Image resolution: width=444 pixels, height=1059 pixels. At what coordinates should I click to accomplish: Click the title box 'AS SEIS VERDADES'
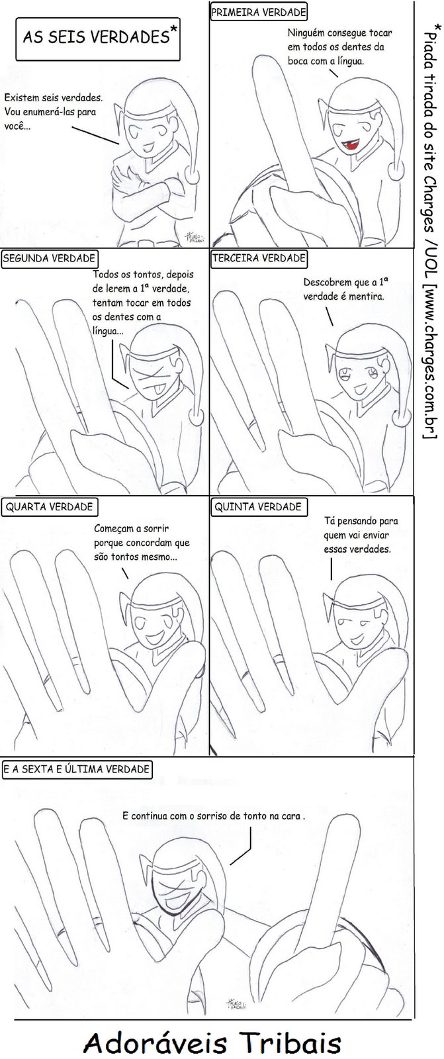point(98,39)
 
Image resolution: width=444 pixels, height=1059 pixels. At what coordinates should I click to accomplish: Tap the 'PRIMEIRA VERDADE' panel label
point(258,13)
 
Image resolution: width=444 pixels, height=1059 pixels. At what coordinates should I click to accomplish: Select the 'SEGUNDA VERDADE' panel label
point(49,259)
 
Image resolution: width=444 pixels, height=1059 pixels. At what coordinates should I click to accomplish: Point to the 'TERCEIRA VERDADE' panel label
point(259,258)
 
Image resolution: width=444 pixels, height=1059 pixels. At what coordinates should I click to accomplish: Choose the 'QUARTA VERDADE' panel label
point(49,507)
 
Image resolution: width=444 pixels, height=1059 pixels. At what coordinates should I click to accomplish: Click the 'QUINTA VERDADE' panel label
point(258,507)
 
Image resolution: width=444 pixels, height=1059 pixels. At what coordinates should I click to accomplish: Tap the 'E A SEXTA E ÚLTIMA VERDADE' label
point(76,769)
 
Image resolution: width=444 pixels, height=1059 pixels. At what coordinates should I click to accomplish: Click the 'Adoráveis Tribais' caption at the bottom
point(212,1042)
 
